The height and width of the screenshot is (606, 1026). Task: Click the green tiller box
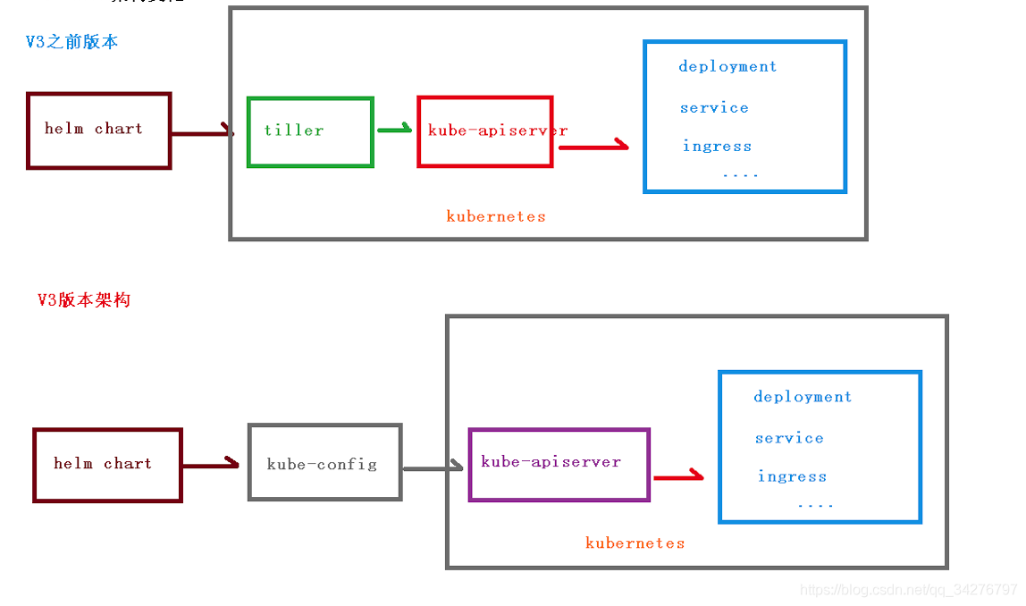pos(310,132)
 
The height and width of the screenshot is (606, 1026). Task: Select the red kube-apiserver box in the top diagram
pos(485,131)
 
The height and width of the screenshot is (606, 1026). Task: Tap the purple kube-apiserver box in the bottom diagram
pos(559,465)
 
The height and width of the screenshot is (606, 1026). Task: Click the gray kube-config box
pos(324,463)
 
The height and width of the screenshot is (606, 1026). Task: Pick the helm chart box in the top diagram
pos(98,130)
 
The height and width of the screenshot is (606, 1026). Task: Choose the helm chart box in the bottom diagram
pos(107,465)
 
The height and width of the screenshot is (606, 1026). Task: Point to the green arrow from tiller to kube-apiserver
pos(394,130)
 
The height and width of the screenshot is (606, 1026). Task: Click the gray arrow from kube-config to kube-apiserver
pos(433,467)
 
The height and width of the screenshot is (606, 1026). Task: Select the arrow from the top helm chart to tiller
pos(202,134)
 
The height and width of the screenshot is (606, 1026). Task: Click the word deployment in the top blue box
pos(727,66)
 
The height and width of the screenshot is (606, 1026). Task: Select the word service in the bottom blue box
pos(789,438)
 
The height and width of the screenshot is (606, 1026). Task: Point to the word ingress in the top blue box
pos(717,146)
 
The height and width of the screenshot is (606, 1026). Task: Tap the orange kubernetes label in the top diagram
pos(496,216)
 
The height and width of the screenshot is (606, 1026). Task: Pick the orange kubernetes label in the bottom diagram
pos(635,543)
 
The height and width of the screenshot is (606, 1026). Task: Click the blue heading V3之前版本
pos(71,42)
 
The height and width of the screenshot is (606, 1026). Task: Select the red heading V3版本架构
pos(84,300)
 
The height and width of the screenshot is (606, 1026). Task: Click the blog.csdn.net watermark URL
pos(908,590)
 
